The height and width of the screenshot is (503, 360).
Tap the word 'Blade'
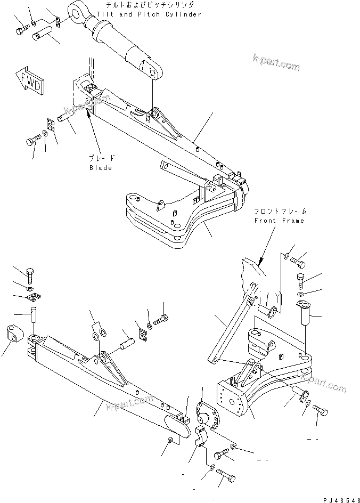coord(101,168)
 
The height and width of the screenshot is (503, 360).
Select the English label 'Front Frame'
coord(279,220)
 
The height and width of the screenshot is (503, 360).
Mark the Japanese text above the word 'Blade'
coord(102,159)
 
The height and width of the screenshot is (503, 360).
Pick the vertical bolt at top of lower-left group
coord(30,274)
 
